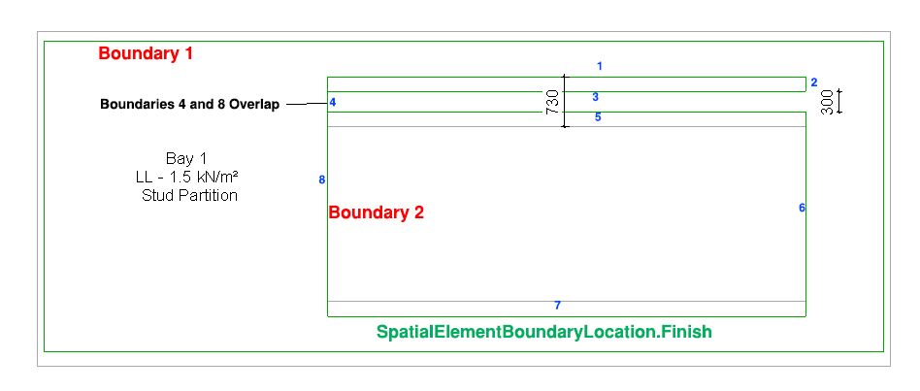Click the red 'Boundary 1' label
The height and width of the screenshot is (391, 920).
point(146,54)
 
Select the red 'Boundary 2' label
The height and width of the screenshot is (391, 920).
point(377,213)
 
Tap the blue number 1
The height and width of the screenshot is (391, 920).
point(600,67)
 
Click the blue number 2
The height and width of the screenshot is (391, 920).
point(814,82)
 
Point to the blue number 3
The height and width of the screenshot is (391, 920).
point(595,97)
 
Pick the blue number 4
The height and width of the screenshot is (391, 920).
point(332,103)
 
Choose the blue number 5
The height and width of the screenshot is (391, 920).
point(598,117)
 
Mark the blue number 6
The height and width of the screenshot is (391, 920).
point(802,208)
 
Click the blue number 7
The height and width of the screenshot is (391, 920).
point(557,306)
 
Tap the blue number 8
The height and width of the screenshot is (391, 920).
point(321,179)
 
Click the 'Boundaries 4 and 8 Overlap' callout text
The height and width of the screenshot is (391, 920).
point(189,105)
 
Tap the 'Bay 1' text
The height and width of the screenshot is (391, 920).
point(187,158)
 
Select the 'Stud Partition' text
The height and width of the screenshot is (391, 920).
point(189,195)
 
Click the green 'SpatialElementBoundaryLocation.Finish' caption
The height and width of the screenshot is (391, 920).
point(543,332)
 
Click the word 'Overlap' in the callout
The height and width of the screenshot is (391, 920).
point(254,105)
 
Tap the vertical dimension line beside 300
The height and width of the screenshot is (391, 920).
point(840,102)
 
